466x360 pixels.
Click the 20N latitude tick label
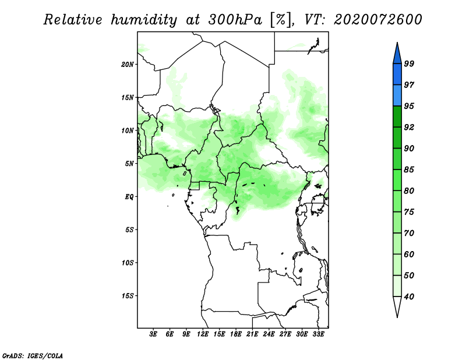point(127,65)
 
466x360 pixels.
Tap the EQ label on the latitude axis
point(129,197)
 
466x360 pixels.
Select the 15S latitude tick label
point(127,296)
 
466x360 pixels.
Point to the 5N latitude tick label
point(129,164)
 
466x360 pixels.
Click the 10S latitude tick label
point(127,263)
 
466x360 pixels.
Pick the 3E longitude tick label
point(153,334)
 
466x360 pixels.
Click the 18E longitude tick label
point(236,334)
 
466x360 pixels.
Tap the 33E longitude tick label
point(318,334)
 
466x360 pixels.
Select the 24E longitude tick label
point(269,334)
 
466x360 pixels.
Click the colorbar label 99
point(409,63)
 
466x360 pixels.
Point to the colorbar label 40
point(409,297)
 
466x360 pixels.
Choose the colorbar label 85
point(409,170)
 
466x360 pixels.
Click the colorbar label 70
point(409,233)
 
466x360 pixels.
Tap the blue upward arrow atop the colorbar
point(397,54)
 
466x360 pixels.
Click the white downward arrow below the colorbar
point(397,306)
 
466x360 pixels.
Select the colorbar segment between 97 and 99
point(397,75)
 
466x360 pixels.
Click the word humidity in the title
point(144,20)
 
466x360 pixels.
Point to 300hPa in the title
point(235,20)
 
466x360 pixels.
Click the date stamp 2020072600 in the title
point(377,20)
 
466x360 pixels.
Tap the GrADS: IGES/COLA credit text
point(33,356)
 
